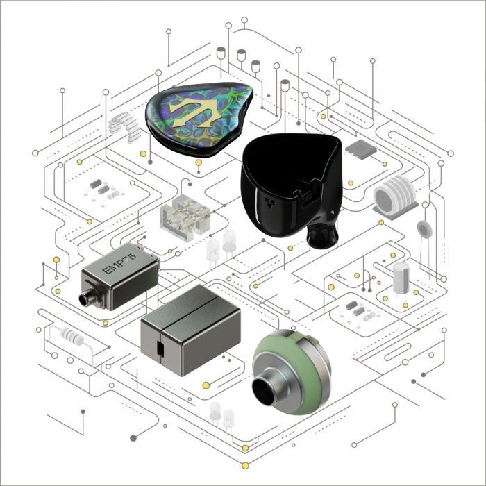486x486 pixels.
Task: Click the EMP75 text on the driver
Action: click(119, 264)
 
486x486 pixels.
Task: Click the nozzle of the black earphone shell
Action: click(322, 235)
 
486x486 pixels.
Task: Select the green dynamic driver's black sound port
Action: click(263, 392)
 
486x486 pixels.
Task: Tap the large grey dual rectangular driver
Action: click(190, 330)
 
